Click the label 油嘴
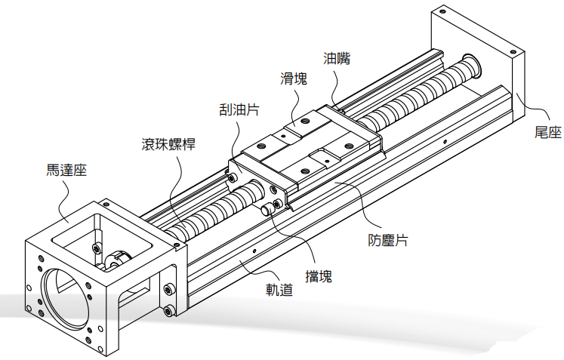tap(337, 57)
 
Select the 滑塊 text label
tap(294, 78)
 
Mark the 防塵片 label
tap(388, 240)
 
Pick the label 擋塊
tap(315, 276)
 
